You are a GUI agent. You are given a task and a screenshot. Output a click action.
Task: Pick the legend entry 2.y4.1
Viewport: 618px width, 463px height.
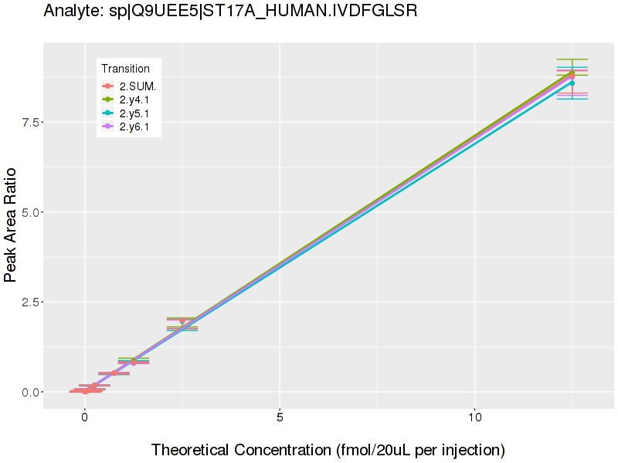point(139,100)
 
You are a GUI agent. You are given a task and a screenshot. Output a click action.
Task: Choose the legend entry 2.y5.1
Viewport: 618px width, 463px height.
point(139,113)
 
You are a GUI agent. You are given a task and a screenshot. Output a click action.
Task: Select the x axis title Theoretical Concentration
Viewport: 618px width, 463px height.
point(328,449)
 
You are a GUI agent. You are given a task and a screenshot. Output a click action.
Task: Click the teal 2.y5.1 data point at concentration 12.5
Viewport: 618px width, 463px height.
point(572,83)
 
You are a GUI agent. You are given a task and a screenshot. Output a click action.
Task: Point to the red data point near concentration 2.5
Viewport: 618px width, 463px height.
point(182,320)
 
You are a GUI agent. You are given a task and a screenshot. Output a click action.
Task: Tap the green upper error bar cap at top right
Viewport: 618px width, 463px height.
point(572,59)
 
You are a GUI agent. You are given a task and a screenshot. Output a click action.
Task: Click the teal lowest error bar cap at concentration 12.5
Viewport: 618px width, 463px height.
point(572,99)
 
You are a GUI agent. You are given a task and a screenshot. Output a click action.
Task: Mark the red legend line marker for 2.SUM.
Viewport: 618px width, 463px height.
point(108,86)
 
